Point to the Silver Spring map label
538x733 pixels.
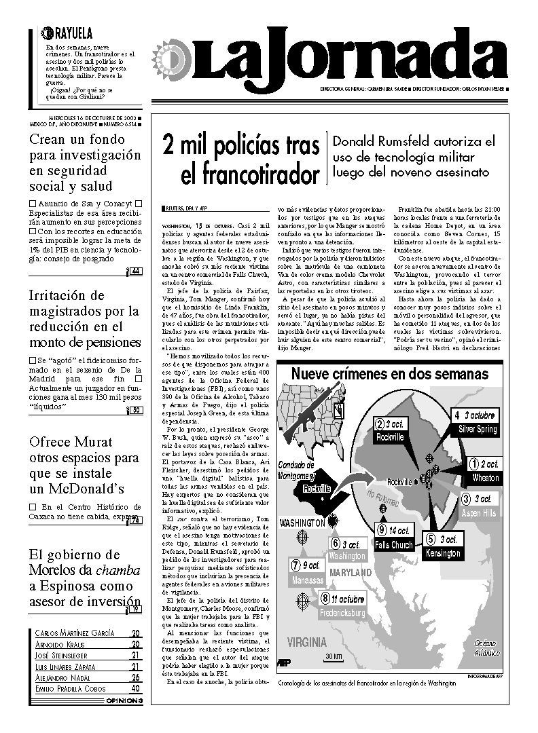click(x=478, y=429)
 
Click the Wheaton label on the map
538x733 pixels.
click(x=486, y=478)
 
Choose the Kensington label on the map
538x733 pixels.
click(x=443, y=553)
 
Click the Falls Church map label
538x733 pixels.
click(x=394, y=545)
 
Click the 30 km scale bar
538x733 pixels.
click(x=334, y=658)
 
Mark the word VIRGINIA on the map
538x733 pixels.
click(x=307, y=641)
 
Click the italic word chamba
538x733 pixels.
click(x=118, y=570)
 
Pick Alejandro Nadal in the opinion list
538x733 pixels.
click(x=65, y=677)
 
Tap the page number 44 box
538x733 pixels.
click(x=135, y=271)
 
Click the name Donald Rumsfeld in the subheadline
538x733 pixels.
click(x=393, y=142)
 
